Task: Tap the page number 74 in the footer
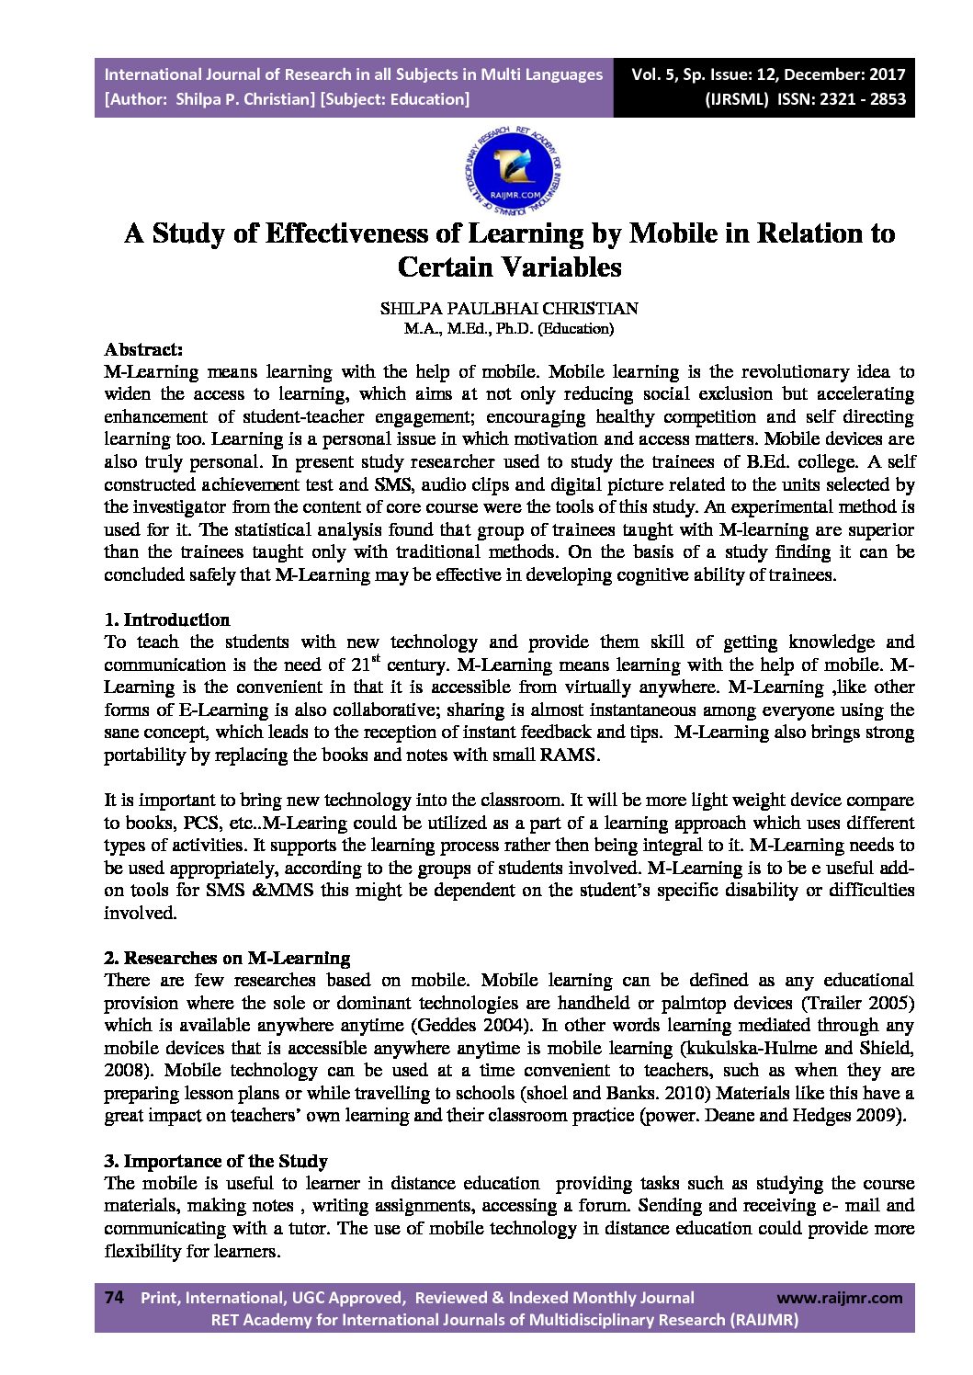click(114, 1298)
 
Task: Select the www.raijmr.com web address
click(840, 1298)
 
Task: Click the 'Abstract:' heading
click(143, 350)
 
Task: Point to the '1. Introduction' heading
click(166, 619)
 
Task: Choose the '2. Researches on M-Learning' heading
click(227, 959)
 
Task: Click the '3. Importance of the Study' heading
click(216, 1162)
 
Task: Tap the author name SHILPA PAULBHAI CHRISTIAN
click(509, 309)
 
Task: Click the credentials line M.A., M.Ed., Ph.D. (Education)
click(509, 328)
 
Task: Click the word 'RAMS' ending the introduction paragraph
click(572, 756)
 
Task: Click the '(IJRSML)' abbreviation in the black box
click(736, 99)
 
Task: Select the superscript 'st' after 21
click(375, 658)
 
